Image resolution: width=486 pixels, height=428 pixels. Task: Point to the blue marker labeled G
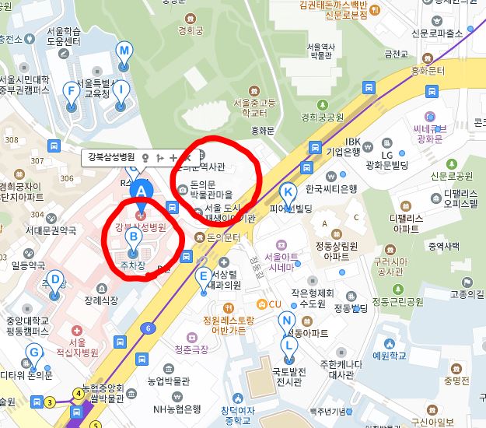click(x=33, y=354)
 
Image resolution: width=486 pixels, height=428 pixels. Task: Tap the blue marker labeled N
click(x=287, y=321)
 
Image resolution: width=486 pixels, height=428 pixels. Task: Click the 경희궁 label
click(x=190, y=32)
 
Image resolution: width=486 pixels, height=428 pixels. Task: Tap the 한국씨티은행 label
click(x=330, y=189)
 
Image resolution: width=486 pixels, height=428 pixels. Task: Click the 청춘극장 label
click(x=191, y=350)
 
